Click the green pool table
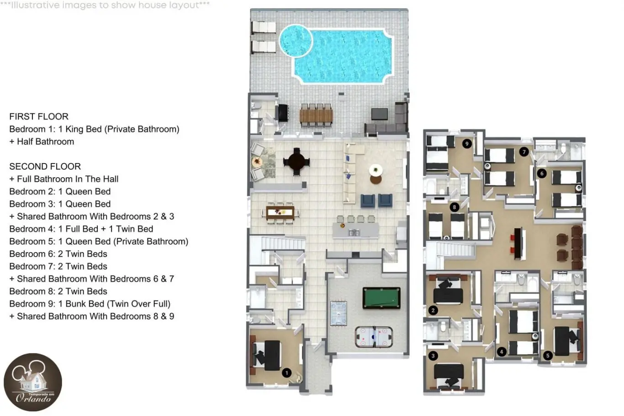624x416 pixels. click(381, 298)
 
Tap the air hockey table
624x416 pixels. click(374, 337)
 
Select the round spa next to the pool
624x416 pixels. click(296, 41)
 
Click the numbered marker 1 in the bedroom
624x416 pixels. click(286, 373)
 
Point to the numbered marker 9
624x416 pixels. click(467, 144)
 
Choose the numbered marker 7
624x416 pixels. click(524, 152)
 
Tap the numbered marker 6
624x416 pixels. click(542, 174)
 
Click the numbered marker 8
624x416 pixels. click(455, 207)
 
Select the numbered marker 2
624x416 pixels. click(433, 310)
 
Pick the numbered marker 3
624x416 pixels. click(433, 356)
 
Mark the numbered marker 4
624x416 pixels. click(502, 352)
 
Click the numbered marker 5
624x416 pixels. click(548, 355)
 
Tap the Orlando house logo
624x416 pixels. click(33, 382)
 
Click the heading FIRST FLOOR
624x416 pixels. click(39, 116)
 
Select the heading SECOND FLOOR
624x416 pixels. click(45, 167)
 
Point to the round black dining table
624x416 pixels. click(296, 162)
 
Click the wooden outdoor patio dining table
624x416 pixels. click(316, 116)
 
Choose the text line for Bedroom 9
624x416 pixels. click(90, 304)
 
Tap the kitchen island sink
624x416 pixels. click(354, 232)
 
